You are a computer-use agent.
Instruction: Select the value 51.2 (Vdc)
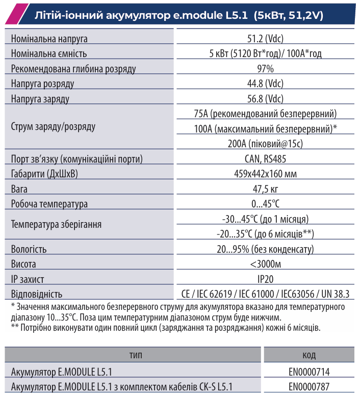pyautogui.click(x=265, y=39)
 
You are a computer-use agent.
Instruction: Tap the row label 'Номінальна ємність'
pyautogui.click(x=49, y=54)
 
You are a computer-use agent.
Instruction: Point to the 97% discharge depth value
pyautogui.click(x=265, y=69)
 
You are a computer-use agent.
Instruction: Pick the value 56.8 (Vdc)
pyautogui.click(x=265, y=99)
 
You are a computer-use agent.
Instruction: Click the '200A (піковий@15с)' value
pyautogui.click(x=265, y=144)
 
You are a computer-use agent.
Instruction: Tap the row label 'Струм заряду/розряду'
pyautogui.click(x=53, y=126)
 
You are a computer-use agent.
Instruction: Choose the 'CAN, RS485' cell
pyautogui.click(x=265, y=159)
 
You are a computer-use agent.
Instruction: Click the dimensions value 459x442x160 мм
pyautogui.click(x=265, y=174)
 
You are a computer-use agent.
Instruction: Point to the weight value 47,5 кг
pyautogui.click(x=265, y=189)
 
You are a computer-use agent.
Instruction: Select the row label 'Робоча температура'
pyautogui.click(x=49, y=204)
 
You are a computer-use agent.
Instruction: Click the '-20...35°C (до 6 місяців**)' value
pyautogui.click(x=265, y=234)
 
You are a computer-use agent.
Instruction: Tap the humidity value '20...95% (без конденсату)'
pyautogui.click(x=265, y=249)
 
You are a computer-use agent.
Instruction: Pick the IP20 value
pyautogui.click(x=265, y=279)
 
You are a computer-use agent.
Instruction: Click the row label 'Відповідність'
pyautogui.click(x=37, y=294)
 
